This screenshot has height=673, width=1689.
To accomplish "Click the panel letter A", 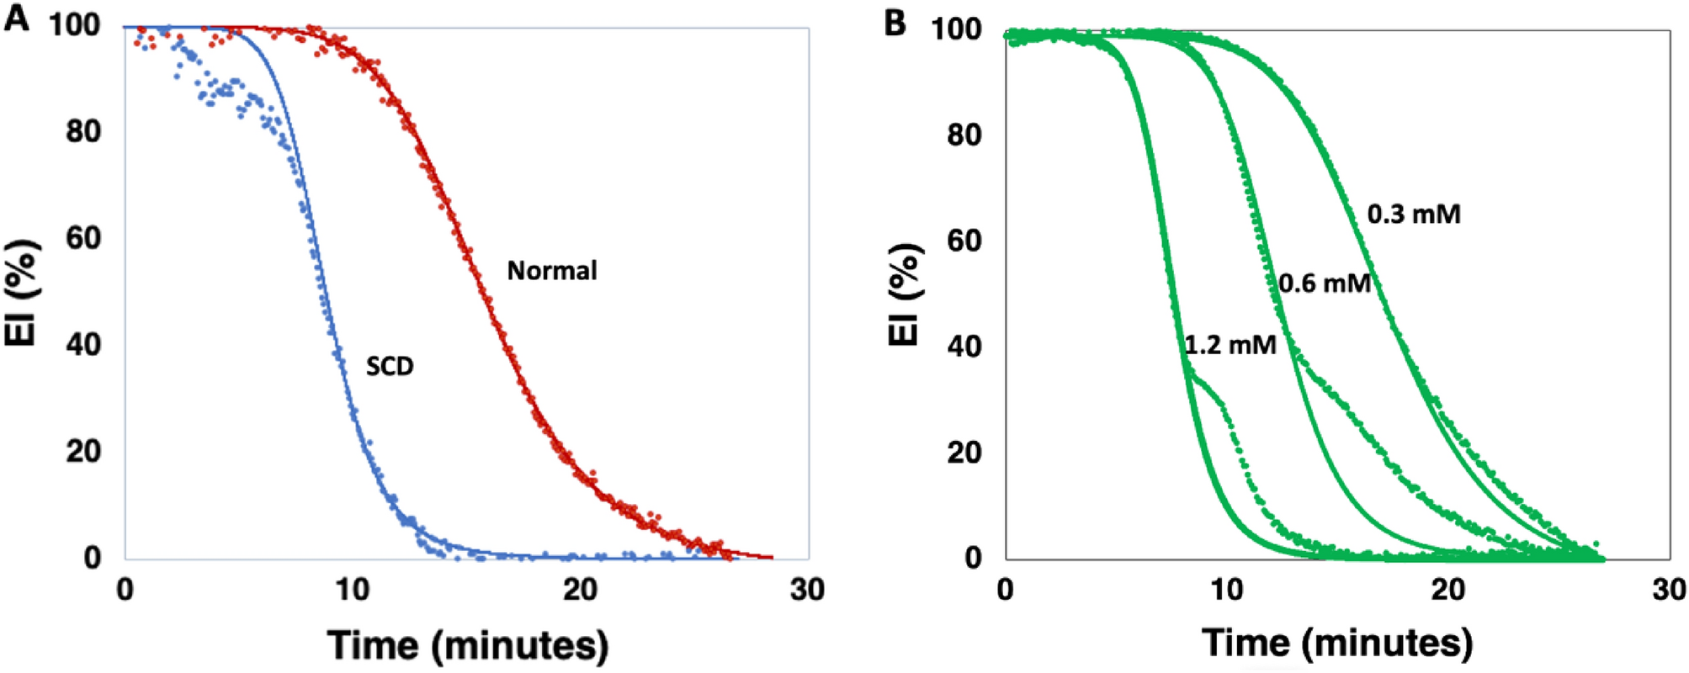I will pyautogui.click(x=17, y=19).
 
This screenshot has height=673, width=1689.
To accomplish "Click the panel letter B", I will pyautogui.click(x=895, y=23).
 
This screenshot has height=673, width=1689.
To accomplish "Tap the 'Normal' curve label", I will pyautogui.click(x=552, y=271).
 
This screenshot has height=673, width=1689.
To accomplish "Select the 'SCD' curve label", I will pyautogui.click(x=390, y=367).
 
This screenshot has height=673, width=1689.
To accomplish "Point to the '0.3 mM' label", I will pyautogui.click(x=1414, y=215).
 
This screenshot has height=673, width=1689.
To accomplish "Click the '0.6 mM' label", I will pyautogui.click(x=1325, y=284).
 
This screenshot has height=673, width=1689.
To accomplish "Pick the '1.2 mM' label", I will pyautogui.click(x=1230, y=345).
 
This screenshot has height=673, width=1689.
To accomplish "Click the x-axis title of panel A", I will pyautogui.click(x=467, y=646).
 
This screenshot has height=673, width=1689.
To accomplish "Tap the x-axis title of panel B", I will pyautogui.click(x=1337, y=644).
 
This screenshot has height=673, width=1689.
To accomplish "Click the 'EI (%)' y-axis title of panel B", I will pyautogui.click(x=905, y=294).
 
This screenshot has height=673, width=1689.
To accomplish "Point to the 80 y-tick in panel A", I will pyautogui.click(x=83, y=132).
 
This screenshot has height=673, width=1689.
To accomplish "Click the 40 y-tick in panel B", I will pyautogui.click(x=964, y=347).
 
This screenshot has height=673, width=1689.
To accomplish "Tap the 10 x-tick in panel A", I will pyautogui.click(x=352, y=591).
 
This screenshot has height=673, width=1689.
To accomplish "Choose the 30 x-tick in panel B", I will pyautogui.click(x=1669, y=591).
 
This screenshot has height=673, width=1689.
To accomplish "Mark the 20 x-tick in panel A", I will pyautogui.click(x=580, y=591).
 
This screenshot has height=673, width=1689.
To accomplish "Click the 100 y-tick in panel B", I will pyautogui.click(x=956, y=29).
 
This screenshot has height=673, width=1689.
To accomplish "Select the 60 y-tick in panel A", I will pyautogui.click(x=83, y=238).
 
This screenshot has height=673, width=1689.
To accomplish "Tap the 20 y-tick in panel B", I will pyautogui.click(x=964, y=453).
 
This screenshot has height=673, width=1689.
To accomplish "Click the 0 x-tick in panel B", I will pyautogui.click(x=1005, y=591).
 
